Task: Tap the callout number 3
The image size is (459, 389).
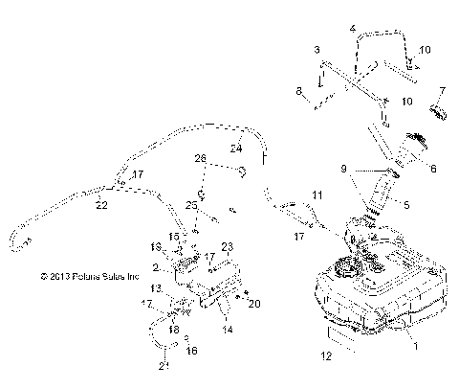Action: [317, 48]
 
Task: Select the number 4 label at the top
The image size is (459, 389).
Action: [354, 29]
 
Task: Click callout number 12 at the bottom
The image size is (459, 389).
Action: [328, 355]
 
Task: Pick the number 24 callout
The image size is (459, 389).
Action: [234, 149]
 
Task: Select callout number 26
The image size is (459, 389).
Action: [200, 157]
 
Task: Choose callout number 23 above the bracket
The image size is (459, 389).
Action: [228, 247]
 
